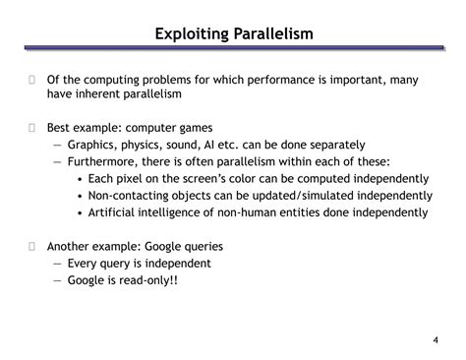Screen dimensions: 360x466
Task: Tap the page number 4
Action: click(435, 340)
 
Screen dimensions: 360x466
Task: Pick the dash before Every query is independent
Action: click(57, 264)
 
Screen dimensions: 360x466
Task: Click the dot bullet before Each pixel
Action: click(80, 179)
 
